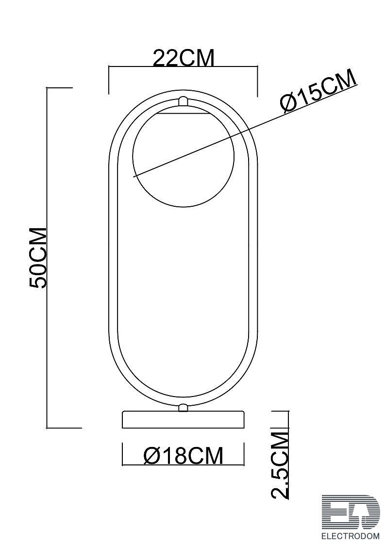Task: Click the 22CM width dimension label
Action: pyautogui.click(x=184, y=58)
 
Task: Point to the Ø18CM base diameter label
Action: pyautogui.click(x=184, y=456)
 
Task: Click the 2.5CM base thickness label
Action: pyautogui.click(x=280, y=465)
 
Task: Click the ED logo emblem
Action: pyautogui.click(x=351, y=512)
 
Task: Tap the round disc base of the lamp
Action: pyautogui.click(x=183, y=420)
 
